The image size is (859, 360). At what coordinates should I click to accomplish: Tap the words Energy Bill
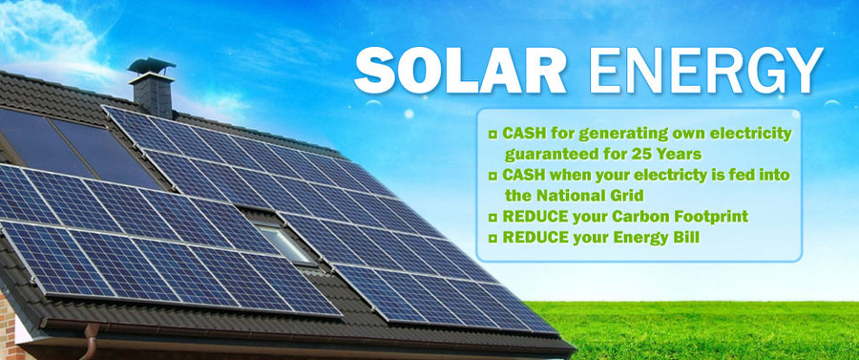(660, 236)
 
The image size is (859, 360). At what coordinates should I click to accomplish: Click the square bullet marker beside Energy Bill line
(492, 237)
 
